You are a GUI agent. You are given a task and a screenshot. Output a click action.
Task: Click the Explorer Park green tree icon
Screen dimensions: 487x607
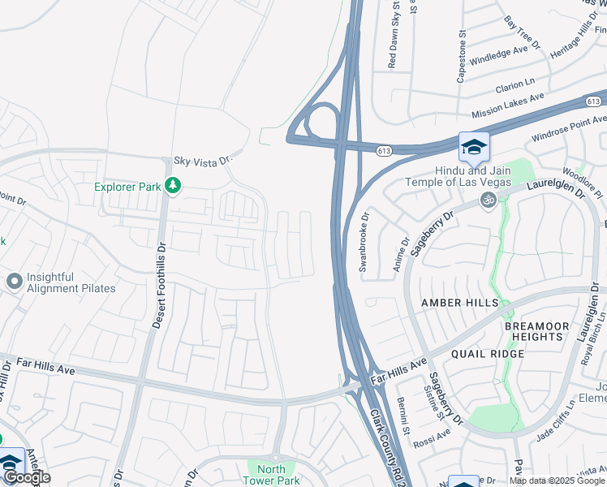point(172,187)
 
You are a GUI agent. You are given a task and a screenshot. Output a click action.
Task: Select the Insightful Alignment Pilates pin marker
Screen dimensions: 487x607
point(14,282)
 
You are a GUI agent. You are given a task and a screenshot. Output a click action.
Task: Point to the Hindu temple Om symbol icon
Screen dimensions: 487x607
point(489,200)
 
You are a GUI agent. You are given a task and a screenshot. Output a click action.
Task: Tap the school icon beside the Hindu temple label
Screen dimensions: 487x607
point(474,147)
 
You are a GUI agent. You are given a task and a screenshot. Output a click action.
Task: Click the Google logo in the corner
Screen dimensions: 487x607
point(26,477)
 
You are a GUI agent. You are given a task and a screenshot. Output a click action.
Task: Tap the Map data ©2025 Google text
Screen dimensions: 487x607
point(557,481)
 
